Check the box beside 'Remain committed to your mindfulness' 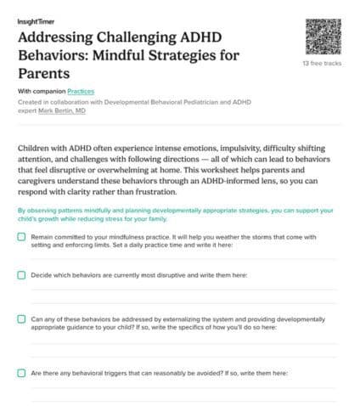pos(21,237)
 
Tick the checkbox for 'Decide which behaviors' pos(21,275)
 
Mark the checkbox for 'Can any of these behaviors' pos(21,319)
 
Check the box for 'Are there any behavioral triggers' pos(21,372)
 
